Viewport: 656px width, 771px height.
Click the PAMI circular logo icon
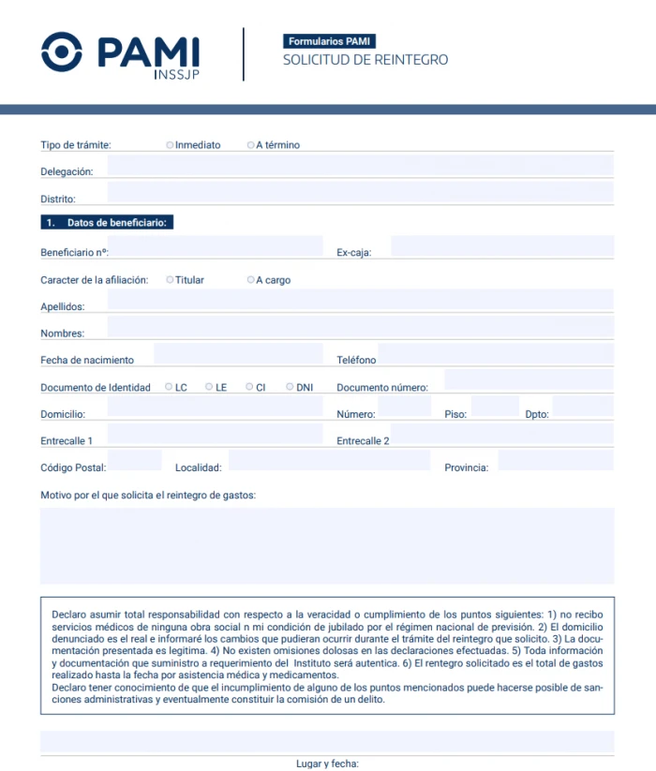coord(63,52)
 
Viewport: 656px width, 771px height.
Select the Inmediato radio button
coord(170,145)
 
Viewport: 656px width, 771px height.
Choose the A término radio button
coord(250,145)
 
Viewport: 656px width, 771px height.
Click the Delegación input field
coord(360,167)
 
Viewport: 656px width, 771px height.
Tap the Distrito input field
coord(360,193)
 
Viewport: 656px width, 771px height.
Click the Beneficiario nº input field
coord(216,247)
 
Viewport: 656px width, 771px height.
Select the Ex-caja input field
coord(501,247)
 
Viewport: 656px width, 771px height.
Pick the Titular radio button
coord(170,279)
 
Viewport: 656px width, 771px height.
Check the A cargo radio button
coord(250,279)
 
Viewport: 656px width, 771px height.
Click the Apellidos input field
coord(360,301)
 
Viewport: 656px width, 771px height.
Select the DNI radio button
coord(291,386)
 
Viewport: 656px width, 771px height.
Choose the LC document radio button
coord(169,386)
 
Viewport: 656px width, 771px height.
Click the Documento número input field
coord(528,381)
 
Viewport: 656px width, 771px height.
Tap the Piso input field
coord(494,408)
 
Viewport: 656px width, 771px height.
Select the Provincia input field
coord(555,461)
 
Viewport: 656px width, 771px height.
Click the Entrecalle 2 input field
coord(501,435)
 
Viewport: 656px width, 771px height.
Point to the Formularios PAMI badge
coord(330,41)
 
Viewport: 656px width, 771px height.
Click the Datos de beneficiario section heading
coord(109,223)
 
